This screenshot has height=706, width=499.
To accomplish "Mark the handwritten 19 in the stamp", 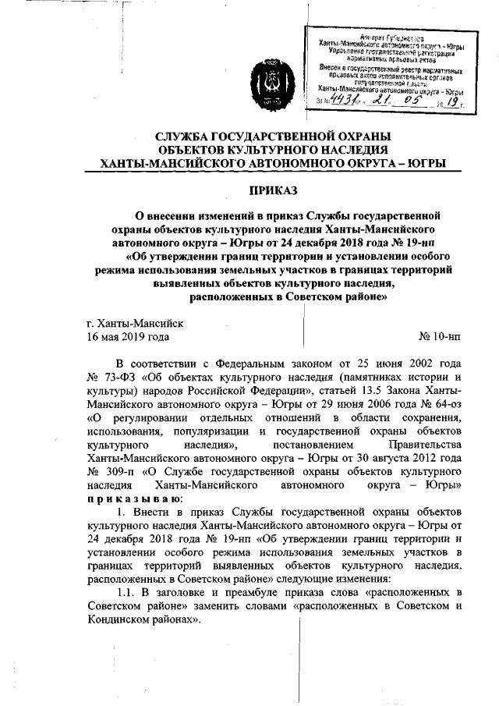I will pyautogui.click(x=451, y=100).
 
